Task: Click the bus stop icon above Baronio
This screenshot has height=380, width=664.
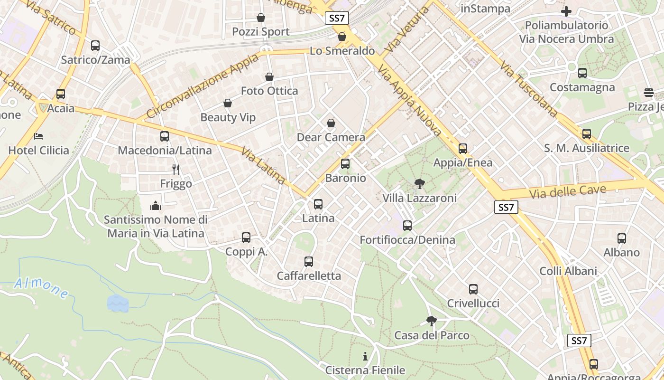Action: coord(345,164)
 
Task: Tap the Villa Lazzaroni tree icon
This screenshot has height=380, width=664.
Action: coord(419,183)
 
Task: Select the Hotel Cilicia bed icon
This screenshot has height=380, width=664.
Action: coord(39,136)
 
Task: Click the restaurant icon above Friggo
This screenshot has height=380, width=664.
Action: coord(176,169)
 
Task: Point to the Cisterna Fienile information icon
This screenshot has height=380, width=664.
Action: coord(365,356)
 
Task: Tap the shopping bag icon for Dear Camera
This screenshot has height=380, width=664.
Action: coord(331,123)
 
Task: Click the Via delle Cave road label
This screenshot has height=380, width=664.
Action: coord(567,192)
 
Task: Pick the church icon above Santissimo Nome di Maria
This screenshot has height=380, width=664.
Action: coord(156,206)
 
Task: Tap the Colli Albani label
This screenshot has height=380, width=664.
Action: coord(568,271)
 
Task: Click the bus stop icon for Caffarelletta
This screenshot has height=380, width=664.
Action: coord(309,261)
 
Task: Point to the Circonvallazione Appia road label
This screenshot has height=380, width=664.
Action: coord(203,86)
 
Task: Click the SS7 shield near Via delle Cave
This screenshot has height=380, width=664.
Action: coord(506,207)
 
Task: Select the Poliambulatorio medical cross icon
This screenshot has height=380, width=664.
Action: coord(566,11)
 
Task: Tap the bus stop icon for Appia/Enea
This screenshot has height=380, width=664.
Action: coord(463,149)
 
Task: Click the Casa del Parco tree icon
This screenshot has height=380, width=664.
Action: coord(431,321)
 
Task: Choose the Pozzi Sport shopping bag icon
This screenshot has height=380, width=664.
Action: coord(261,18)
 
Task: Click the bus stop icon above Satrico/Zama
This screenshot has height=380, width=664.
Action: coord(95,46)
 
